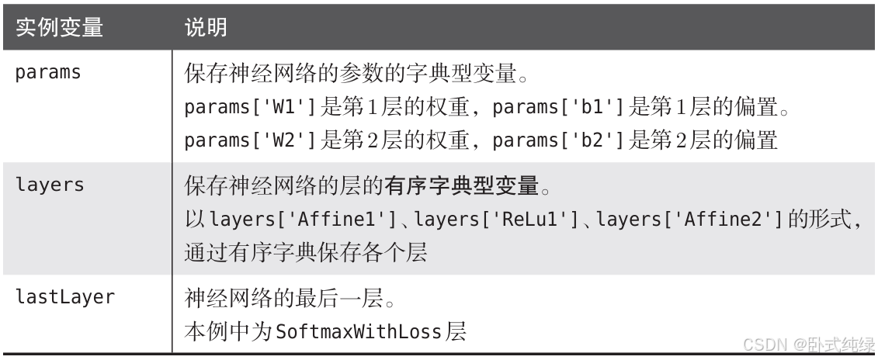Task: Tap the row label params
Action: [48, 73]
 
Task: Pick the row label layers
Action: [48, 186]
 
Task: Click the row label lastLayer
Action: [60, 297]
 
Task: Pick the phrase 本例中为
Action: [226, 332]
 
